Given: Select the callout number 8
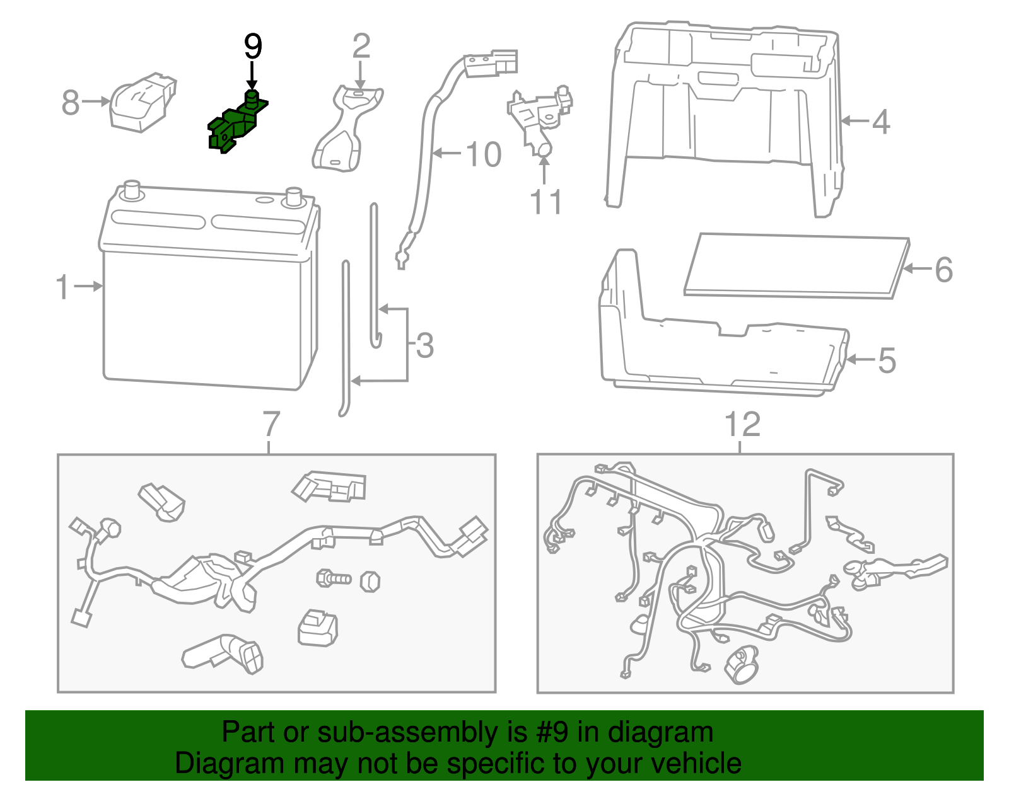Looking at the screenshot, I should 71,102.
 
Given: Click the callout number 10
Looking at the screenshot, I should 483,154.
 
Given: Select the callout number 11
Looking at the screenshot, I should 546,202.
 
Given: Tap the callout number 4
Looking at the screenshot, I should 881,122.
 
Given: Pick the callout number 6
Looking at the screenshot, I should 943,270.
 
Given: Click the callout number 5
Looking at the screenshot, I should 887,360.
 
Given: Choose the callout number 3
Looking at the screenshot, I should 425,346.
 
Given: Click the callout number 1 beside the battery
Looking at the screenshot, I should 62,287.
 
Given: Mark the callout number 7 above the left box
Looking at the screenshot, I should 271,424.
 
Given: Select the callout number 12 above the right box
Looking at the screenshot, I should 742,425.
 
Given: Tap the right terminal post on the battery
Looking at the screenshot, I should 293,196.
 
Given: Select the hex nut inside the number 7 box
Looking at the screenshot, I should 370,580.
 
